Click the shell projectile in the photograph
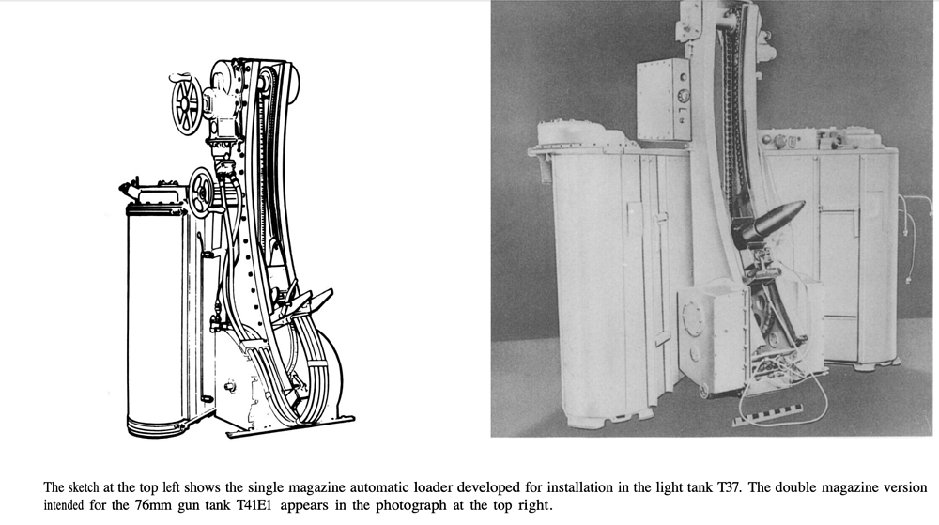coord(777,221)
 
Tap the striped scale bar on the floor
coord(768,415)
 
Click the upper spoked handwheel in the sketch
coord(186,104)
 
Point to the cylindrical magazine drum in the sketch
coord(157,320)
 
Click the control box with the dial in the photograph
coord(663,100)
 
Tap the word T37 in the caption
coord(729,487)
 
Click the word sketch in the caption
coord(83,487)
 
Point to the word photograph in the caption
coord(411,506)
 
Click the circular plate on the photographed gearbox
coord(694,319)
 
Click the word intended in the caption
coord(64,505)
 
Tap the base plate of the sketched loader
coord(290,425)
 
